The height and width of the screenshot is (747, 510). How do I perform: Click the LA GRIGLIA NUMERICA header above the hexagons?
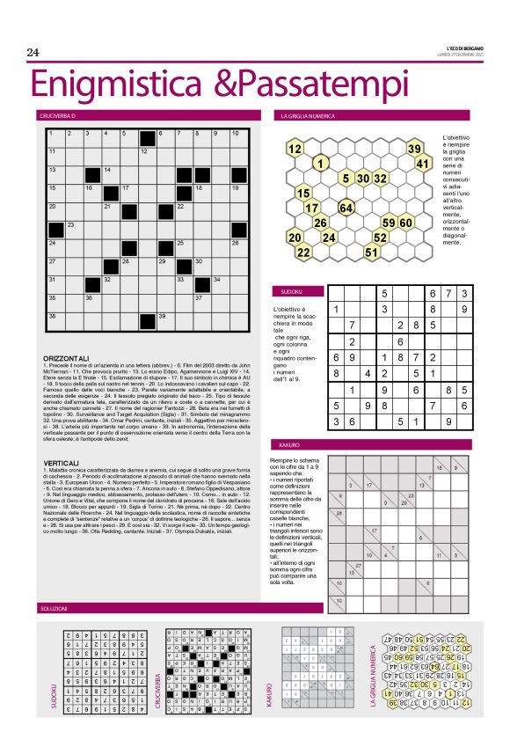coord(302,115)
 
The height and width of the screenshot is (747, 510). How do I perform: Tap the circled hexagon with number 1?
coord(321,163)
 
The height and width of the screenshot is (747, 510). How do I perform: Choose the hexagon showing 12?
coord(295,149)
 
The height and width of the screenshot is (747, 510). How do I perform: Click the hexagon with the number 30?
coord(362,179)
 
